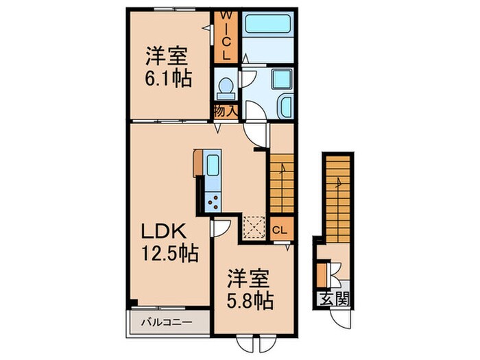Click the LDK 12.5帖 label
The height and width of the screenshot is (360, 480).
(x=170, y=242)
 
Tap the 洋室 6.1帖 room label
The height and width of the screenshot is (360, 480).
(x=167, y=66)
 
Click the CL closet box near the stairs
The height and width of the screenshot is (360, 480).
(x=280, y=230)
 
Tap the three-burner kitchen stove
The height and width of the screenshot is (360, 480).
(x=213, y=201)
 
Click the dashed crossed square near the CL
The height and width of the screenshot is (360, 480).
(x=253, y=226)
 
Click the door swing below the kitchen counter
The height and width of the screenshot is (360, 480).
(x=221, y=228)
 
